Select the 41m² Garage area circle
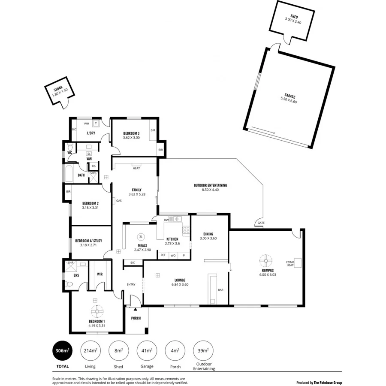pos(147,350)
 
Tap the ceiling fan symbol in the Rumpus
pos(266,260)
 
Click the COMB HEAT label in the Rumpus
pos(290,263)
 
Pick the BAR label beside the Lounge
pos(220,290)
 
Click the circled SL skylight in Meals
pos(141,237)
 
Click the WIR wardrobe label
pos(100,274)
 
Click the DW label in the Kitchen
pos(166,220)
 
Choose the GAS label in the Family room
pos(118,201)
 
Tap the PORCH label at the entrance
pos(136,318)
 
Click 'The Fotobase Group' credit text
pos(328,383)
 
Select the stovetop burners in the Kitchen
pos(186,230)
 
